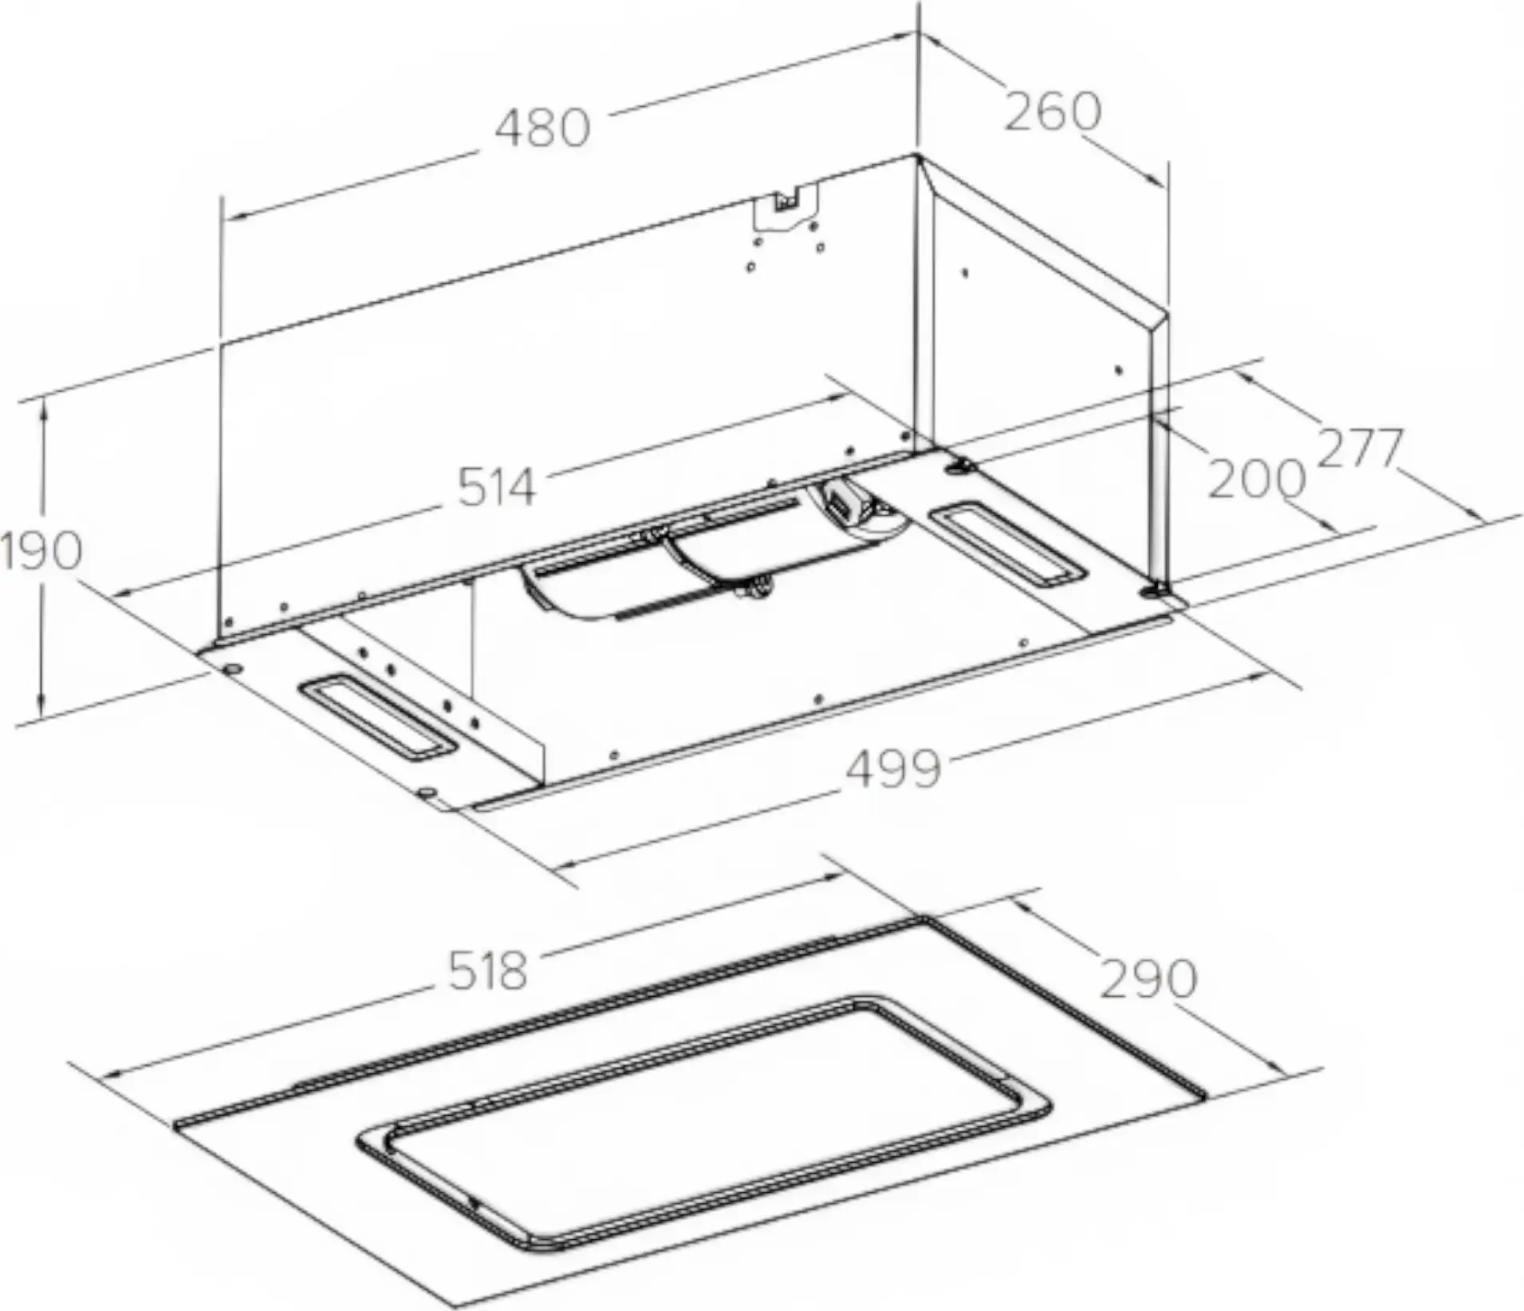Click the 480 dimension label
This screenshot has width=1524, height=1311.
(542, 128)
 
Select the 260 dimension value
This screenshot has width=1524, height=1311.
(1052, 112)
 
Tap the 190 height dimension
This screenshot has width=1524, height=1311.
(41, 550)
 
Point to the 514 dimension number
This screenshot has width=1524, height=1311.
(496, 486)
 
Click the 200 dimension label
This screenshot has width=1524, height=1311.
(1256, 478)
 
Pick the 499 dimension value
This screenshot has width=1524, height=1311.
(893, 769)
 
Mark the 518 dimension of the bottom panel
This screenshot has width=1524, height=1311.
(488, 971)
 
